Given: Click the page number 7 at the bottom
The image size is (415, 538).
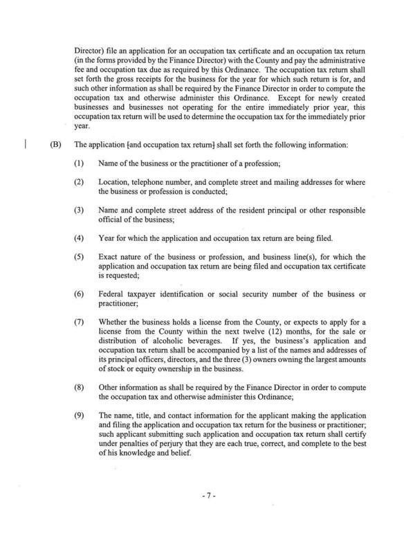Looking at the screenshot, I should (x=207, y=496).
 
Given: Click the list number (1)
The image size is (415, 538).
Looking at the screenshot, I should (x=80, y=163).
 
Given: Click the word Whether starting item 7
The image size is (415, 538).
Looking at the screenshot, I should (x=116, y=323).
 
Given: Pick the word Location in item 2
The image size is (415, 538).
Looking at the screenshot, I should (x=115, y=182).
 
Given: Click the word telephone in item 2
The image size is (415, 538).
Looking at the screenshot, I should (x=154, y=182).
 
